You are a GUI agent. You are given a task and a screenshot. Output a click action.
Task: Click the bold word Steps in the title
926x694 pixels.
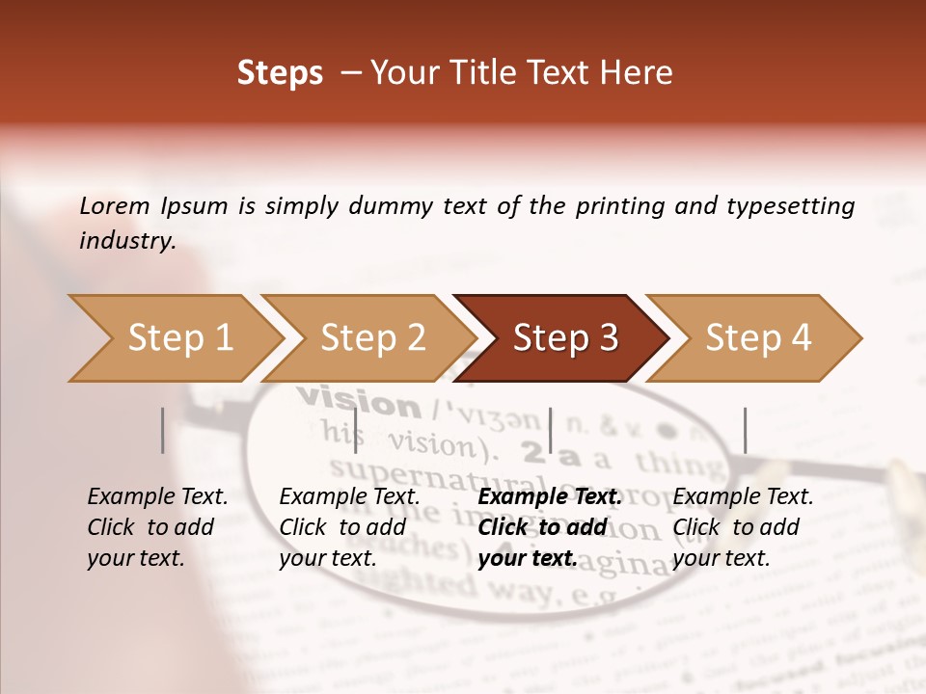tap(280, 73)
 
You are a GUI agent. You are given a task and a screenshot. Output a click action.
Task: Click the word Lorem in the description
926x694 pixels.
tap(115, 205)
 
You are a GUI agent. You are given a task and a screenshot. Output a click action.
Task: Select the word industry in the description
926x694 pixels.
tap(127, 241)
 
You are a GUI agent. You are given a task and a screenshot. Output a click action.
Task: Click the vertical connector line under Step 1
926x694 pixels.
tap(163, 430)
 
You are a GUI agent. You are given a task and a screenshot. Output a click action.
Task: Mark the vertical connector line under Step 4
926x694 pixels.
tap(745, 430)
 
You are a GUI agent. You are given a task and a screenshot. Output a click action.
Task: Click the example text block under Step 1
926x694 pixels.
tap(157, 527)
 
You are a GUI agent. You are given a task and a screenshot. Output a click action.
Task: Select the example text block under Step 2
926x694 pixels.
tap(349, 527)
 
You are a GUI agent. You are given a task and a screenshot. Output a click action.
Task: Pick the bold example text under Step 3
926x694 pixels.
tap(548, 527)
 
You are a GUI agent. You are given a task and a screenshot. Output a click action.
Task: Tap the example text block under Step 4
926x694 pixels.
tap(743, 527)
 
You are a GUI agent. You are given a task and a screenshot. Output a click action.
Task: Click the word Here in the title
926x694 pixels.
tap(636, 73)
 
